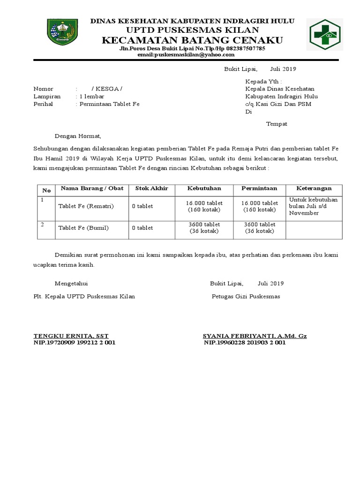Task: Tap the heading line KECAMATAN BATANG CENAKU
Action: (192, 40)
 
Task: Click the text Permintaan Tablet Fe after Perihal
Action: (109, 104)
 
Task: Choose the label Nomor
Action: (43, 89)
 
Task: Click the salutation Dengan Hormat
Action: (78, 136)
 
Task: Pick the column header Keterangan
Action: (314, 188)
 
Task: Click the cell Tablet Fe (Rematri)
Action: (86, 206)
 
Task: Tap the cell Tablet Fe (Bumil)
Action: (83, 228)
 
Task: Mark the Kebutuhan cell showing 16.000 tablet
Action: (204, 203)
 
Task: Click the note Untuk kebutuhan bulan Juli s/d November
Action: (313, 206)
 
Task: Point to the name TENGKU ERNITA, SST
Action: (71, 336)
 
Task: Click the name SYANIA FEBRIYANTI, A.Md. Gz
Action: (255, 336)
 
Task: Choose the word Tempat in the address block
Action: (277, 124)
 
